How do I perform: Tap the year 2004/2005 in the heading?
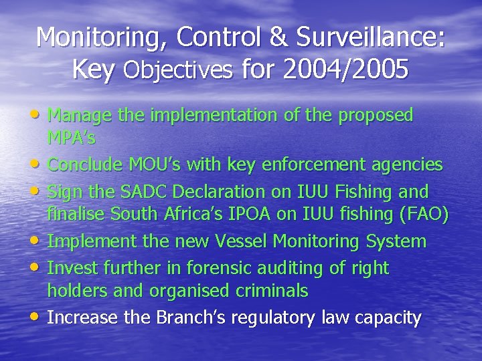pyautogui.click(x=346, y=69)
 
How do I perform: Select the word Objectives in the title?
pyautogui.click(x=178, y=69)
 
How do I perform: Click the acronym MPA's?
pyautogui.click(x=72, y=138)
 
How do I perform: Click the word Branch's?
pyautogui.click(x=189, y=317)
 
